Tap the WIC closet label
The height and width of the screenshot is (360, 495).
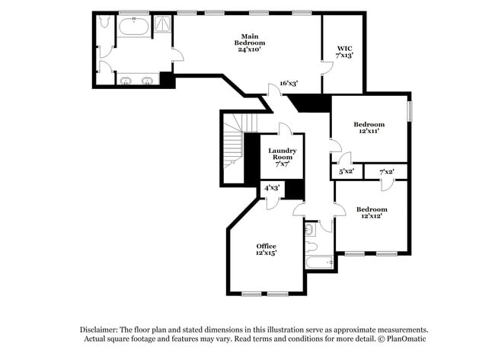coord(344,52)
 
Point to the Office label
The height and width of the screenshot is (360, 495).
coord(266,249)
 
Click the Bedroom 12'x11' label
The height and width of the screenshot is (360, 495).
coord(369,128)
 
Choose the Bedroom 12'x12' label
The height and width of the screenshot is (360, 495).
coord(372,212)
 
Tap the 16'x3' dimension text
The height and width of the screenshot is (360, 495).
coord(289,83)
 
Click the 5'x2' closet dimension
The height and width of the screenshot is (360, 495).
coord(346,172)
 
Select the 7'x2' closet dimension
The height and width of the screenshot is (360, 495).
coord(387,172)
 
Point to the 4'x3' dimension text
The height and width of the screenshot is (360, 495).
coord(272,187)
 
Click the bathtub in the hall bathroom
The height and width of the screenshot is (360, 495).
coord(319,263)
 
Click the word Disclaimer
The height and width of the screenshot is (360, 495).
coord(101,330)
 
